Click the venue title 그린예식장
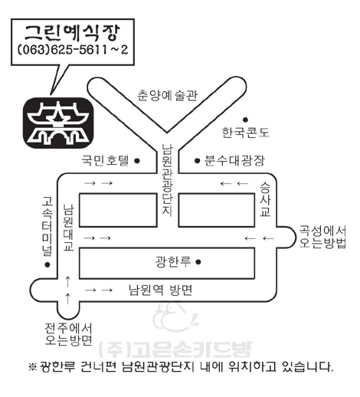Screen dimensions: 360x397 coord(72,33)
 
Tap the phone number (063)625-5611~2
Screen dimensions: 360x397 coord(73,50)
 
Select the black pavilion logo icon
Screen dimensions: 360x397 coord(58,123)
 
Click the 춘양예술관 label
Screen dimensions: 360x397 coord(168,95)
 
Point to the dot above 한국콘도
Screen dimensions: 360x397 coord(245,120)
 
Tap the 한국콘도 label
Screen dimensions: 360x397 coord(246,133)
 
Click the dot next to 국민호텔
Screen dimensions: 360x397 coord(137,161)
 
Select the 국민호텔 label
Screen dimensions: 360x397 coord(105,160)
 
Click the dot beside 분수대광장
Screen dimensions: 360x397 coord(197,161)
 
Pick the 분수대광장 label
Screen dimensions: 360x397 coord(234,160)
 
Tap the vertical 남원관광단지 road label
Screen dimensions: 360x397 coord(167,180)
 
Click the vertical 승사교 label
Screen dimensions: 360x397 coord(265,199)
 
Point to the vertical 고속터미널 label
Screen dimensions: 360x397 coord(47,226)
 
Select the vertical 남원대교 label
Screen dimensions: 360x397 coord(69,228)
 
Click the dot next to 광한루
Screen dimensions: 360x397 coord(198,262)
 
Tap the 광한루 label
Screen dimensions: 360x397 coord(173,261)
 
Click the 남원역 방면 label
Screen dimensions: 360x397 coord(160,290)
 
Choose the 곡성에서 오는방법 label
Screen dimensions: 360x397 coord(322,237)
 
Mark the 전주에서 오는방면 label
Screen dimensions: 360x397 coord(68,334)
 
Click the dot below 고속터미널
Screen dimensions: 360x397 coord(47,265)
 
